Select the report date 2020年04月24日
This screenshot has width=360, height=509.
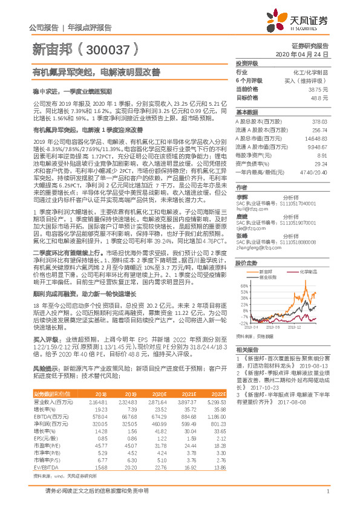point(306,54)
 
